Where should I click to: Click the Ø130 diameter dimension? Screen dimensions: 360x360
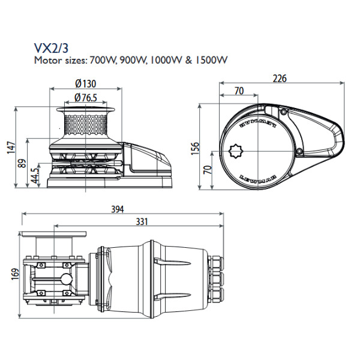pyautogui.click(x=86, y=84)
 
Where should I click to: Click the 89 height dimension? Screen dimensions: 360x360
pyautogui.click(x=23, y=164)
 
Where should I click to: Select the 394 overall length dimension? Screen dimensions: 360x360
pyautogui.click(x=118, y=209)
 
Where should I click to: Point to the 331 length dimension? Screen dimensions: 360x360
pyautogui.click(x=142, y=221)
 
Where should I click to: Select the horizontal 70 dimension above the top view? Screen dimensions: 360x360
pyautogui.click(x=239, y=91)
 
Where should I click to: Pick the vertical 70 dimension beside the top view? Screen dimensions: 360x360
pyautogui.click(x=208, y=170)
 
